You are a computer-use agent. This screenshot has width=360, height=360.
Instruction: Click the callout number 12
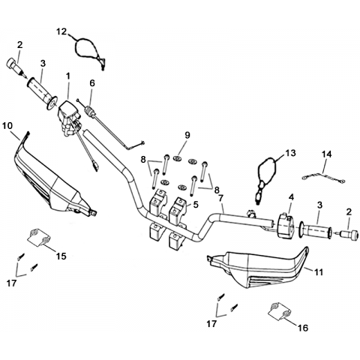point(61,32)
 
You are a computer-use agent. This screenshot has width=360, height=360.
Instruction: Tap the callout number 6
point(92,83)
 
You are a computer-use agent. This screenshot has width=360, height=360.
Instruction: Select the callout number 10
point(7,126)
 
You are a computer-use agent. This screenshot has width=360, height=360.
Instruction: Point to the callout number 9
point(187,135)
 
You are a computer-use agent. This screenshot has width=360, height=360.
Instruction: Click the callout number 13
point(290,153)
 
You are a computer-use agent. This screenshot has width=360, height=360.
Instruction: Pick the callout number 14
point(326,154)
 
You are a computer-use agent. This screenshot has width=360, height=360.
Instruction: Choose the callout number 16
point(303,328)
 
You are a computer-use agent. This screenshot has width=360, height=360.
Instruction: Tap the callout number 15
point(61,256)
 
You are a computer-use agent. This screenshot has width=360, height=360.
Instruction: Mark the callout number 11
point(319,272)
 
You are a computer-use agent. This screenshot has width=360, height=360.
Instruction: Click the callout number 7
point(220,198)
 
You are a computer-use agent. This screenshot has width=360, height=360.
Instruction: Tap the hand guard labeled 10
point(55,180)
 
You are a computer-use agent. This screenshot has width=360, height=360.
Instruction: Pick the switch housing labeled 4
point(286,226)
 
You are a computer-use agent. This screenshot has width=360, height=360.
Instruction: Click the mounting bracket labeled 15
point(39,238)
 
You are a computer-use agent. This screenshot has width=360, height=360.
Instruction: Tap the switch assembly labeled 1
point(69,118)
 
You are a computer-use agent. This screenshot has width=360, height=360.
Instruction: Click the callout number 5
point(196,205)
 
